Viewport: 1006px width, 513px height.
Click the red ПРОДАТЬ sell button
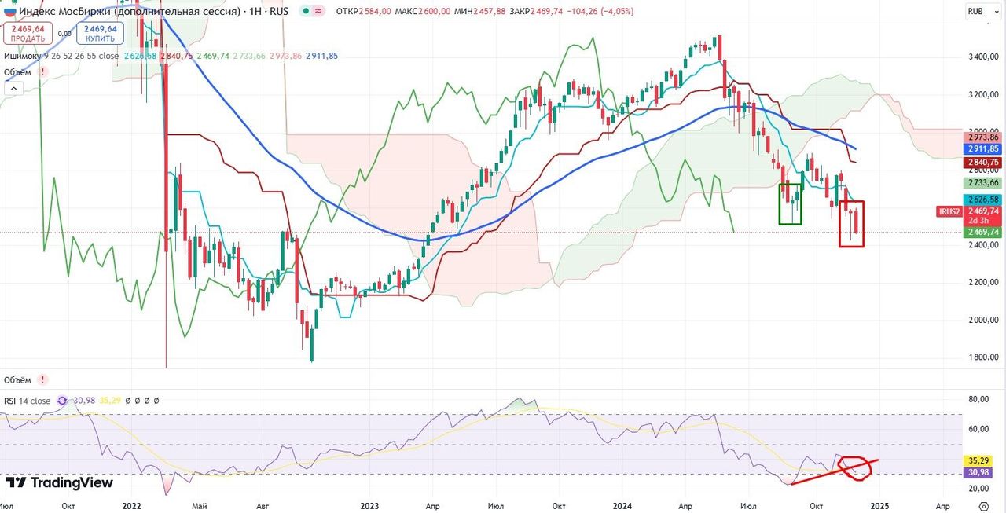(x=28, y=33)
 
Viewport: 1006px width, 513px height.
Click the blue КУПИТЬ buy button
(x=101, y=33)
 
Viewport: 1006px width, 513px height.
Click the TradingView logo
(x=60, y=482)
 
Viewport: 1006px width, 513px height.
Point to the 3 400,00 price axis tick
(x=983, y=57)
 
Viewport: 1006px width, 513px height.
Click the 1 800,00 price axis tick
(x=983, y=357)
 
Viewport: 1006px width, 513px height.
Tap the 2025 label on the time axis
(x=879, y=507)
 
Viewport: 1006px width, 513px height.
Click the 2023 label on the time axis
(x=369, y=507)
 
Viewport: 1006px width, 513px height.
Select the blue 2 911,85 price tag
(x=983, y=148)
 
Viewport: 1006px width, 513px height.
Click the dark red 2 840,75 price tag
(x=983, y=163)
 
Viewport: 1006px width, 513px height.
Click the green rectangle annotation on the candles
(x=791, y=203)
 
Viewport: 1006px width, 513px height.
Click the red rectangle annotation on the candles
(x=851, y=224)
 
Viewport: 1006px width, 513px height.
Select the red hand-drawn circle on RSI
(x=855, y=467)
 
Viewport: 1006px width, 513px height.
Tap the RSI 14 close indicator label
(x=28, y=401)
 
